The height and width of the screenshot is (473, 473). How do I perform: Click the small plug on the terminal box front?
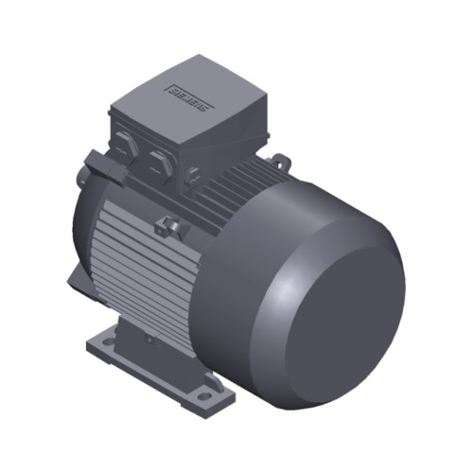(192, 172)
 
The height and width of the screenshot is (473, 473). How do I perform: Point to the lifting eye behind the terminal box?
(281, 162)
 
